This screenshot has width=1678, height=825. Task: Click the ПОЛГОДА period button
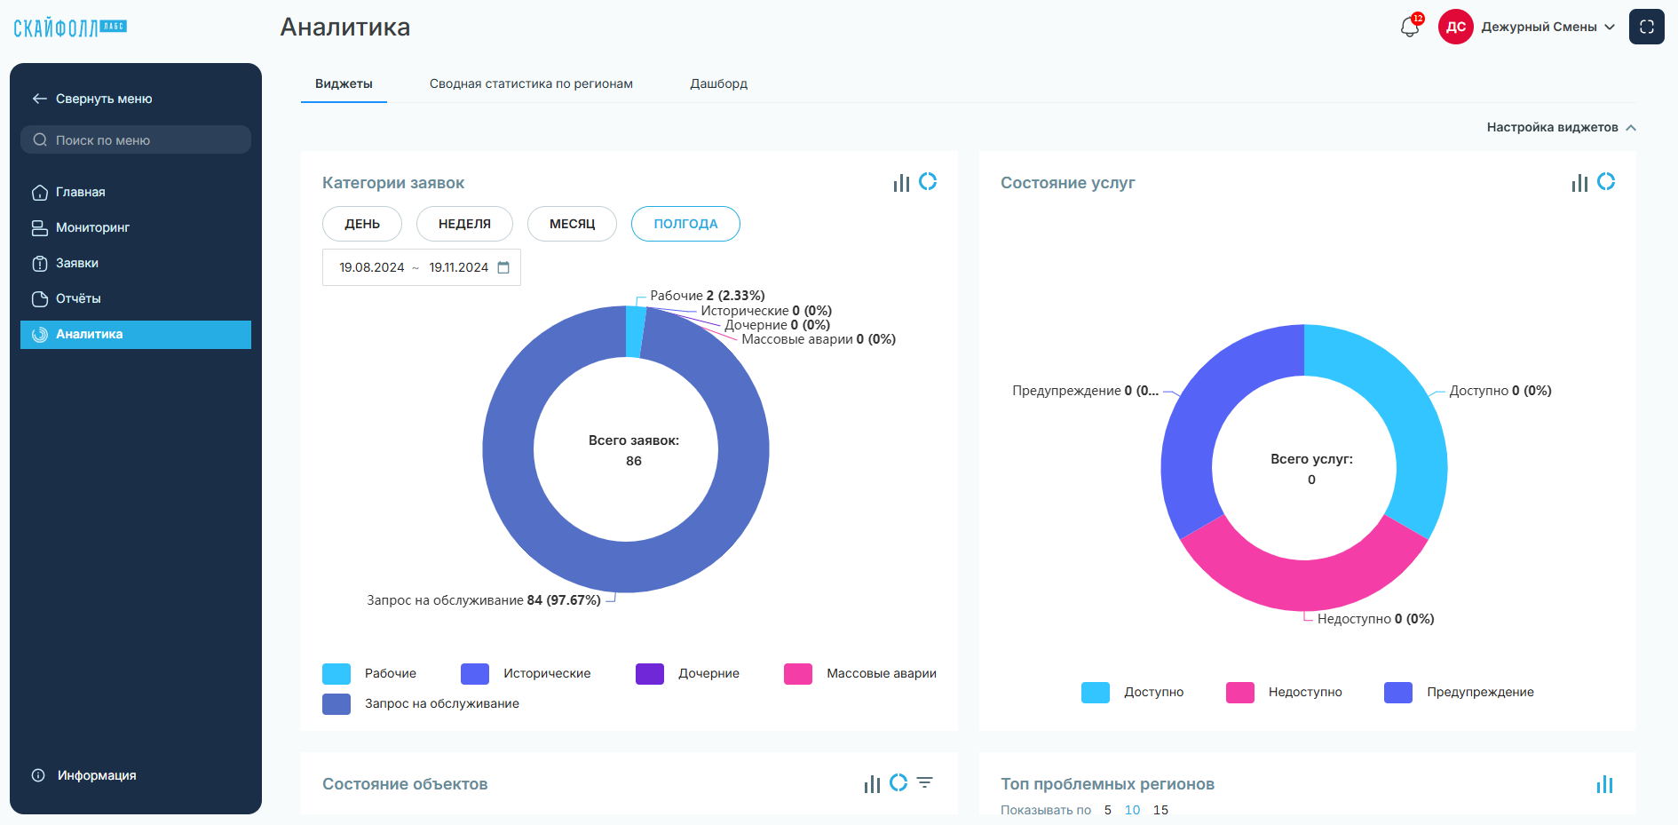pyautogui.click(x=685, y=224)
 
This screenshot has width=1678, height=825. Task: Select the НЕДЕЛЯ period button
pyautogui.click(x=464, y=224)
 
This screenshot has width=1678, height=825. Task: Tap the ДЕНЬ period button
pyautogui.click(x=362, y=224)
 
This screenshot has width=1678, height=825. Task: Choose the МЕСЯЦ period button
pyautogui.click(x=572, y=224)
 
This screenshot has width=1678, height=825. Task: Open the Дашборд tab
pyautogui.click(x=719, y=83)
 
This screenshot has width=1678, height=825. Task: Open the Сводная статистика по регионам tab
pyautogui.click(x=531, y=83)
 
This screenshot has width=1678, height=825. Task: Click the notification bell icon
pyautogui.click(x=1410, y=27)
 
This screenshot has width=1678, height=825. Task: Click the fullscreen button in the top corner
pyautogui.click(x=1647, y=27)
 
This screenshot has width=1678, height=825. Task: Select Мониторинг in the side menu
pyautogui.click(x=92, y=227)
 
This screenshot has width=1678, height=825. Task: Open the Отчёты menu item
pyautogui.click(x=78, y=298)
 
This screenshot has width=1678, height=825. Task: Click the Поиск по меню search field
pyautogui.click(x=136, y=139)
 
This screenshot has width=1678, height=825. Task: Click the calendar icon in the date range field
pyautogui.click(x=503, y=267)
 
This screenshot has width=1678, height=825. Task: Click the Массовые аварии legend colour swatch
pyautogui.click(x=798, y=674)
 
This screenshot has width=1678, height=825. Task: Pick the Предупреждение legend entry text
pyautogui.click(x=1480, y=692)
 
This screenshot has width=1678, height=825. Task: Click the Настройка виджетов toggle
pyautogui.click(x=1561, y=127)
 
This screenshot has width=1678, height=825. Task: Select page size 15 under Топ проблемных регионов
pyautogui.click(x=1160, y=810)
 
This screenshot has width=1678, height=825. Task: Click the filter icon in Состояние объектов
pyautogui.click(x=925, y=782)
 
